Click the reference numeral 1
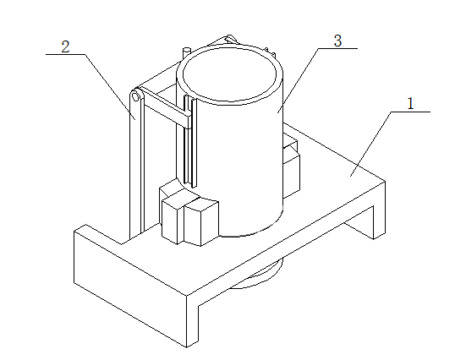[410, 104]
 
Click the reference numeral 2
[65, 46]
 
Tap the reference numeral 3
[338, 41]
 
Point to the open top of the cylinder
[230, 74]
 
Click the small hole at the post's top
[136, 97]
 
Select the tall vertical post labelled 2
[137, 163]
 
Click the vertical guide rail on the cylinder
[190, 142]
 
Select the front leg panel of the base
[130, 285]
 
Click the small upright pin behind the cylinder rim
[186, 53]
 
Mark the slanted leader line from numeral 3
[298, 80]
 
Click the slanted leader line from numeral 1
[371, 144]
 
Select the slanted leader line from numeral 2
[110, 87]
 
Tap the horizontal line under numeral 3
[338, 48]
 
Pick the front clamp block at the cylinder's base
[189, 221]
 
